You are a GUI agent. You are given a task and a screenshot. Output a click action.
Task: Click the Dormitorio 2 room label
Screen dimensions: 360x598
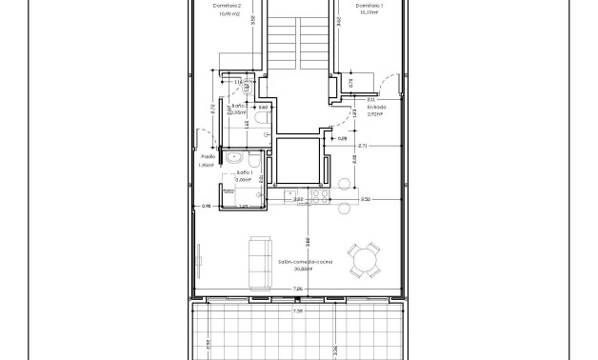(x=228, y=7)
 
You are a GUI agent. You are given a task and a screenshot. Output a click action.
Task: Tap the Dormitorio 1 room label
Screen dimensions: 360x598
(x=370, y=7)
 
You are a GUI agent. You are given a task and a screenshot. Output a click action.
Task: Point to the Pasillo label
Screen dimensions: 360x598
(x=207, y=156)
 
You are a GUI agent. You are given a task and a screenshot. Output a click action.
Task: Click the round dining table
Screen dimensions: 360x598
(x=364, y=258)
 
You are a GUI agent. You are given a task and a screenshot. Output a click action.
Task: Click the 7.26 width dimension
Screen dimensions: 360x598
(x=297, y=288)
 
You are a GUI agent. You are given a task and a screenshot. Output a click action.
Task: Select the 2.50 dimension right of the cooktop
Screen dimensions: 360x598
(x=365, y=199)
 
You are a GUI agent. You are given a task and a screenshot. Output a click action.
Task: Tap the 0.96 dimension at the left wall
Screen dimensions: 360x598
(x=205, y=206)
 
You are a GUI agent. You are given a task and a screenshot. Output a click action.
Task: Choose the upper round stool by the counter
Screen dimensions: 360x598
(x=344, y=184)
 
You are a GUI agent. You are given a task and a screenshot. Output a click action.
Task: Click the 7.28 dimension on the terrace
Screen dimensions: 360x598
(x=297, y=310)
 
